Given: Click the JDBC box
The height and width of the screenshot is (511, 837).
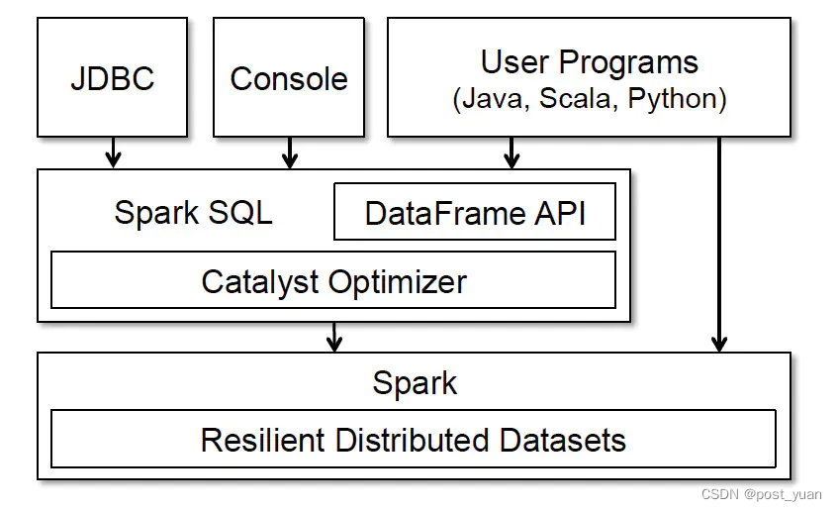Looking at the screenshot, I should click(x=113, y=77).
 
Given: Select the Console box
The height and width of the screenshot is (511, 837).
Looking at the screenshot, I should click(x=289, y=77).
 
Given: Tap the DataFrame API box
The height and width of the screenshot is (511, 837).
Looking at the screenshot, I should click(x=475, y=212).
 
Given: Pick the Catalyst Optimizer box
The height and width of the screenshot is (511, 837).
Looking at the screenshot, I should click(x=333, y=280).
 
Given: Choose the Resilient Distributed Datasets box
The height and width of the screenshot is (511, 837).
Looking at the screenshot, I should click(x=413, y=439).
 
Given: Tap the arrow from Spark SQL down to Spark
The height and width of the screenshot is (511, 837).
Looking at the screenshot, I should click(x=334, y=337).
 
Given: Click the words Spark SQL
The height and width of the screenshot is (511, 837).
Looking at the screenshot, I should click(x=193, y=212).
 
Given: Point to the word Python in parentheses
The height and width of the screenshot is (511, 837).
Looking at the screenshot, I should click(x=673, y=99).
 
